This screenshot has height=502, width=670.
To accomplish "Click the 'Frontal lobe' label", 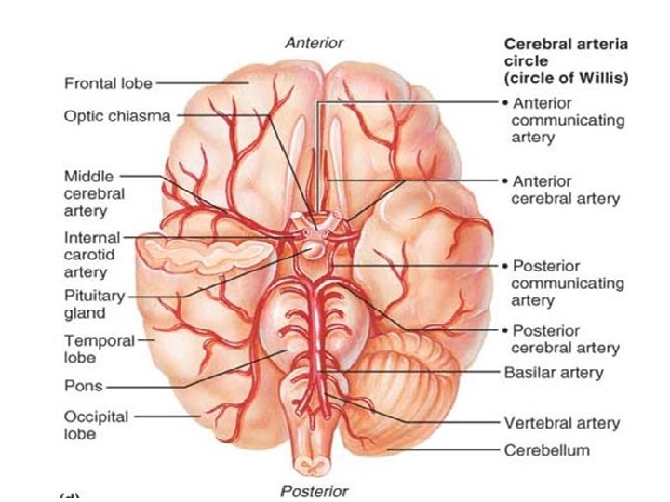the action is tap(107, 84).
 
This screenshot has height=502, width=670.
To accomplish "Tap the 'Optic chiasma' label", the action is tap(117, 117).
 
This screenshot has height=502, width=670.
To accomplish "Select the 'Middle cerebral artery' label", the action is tap(93, 193).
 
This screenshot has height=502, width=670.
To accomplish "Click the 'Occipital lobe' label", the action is tap(96, 425).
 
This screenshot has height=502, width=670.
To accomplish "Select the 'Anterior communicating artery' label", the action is tap(567, 120).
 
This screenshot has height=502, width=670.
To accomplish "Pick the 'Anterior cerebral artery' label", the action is tap(565, 190).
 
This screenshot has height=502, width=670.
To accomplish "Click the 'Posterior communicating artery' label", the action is tap(567, 283).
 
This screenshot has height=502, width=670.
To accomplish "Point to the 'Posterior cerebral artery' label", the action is tap(565, 339).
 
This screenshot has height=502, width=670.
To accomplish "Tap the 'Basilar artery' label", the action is tap(553, 373).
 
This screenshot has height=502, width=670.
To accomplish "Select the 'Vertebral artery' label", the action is tap(561, 423).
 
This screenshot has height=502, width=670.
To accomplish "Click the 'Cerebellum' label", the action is tap(546, 451).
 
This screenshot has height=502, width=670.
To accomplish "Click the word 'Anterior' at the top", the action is tap(314, 43).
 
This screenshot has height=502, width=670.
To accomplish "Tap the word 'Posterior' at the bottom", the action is tap(314, 491).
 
